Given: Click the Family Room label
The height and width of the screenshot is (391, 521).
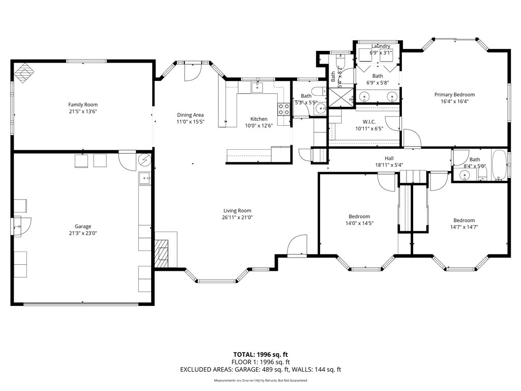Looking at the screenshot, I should click(x=83, y=105).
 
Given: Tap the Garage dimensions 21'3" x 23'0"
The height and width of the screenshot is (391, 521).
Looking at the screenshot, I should click(x=83, y=234).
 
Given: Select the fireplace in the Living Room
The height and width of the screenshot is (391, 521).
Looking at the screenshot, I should click(x=162, y=253).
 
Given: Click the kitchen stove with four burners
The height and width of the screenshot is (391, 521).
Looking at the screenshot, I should click(x=283, y=109).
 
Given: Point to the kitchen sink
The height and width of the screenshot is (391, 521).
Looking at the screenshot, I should click(x=257, y=88).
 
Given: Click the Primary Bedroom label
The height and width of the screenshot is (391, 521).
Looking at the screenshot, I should click(x=454, y=95).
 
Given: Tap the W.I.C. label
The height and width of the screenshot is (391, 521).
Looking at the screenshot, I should click(x=369, y=122).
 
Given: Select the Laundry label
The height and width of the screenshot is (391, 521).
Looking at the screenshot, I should click(x=381, y=46).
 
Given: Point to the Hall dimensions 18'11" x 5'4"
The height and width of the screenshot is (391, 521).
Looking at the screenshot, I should click(x=389, y=165).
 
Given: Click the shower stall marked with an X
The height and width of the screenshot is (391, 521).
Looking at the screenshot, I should click(x=340, y=97).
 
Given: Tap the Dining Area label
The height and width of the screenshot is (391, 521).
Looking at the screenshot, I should click(x=190, y=115).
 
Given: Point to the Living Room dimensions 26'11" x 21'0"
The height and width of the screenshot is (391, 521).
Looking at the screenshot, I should click(x=237, y=217).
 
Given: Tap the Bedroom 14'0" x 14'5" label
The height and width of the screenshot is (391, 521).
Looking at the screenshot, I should click(x=359, y=216).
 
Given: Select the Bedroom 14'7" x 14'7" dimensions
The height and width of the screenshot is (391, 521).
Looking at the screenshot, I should click(x=464, y=228).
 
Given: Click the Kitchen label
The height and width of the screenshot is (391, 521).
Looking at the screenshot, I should click(x=258, y=119).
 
